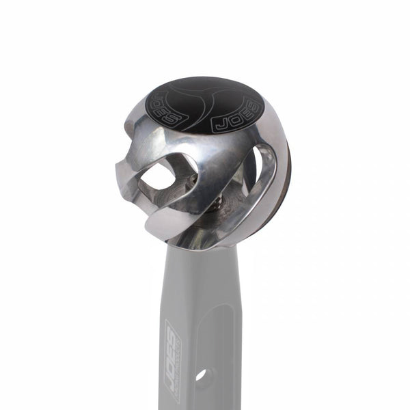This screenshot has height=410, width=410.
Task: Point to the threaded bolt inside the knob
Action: click(x=217, y=201)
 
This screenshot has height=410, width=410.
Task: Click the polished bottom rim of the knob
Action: click(x=205, y=239)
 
